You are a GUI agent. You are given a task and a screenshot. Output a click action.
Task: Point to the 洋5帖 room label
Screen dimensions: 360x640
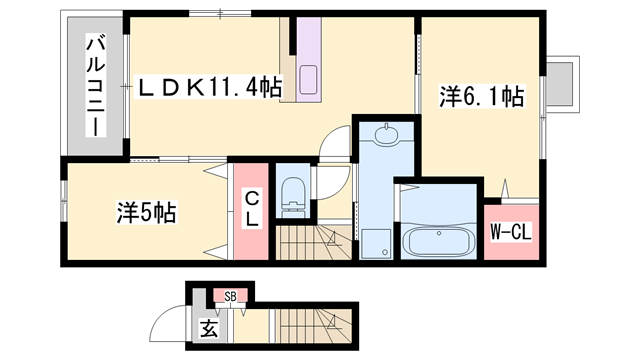[x=146, y=213]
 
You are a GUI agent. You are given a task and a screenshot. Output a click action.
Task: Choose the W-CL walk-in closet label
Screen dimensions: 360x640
[x=508, y=233]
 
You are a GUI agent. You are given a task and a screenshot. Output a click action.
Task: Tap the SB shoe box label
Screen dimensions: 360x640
[x=230, y=296]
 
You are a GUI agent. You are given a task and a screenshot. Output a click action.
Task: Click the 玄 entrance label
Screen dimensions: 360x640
[x=208, y=327]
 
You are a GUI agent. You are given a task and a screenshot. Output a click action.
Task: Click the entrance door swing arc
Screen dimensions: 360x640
[x=163, y=324]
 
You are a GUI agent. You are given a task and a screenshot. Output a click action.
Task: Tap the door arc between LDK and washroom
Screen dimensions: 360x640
[x=336, y=146]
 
